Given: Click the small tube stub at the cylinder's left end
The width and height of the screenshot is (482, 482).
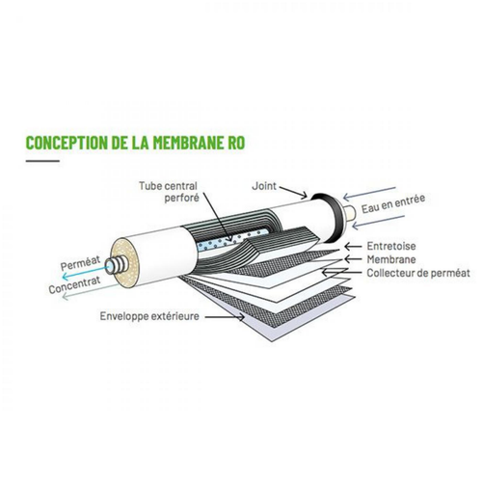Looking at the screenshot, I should pyautogui.click(x=116, y=261).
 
